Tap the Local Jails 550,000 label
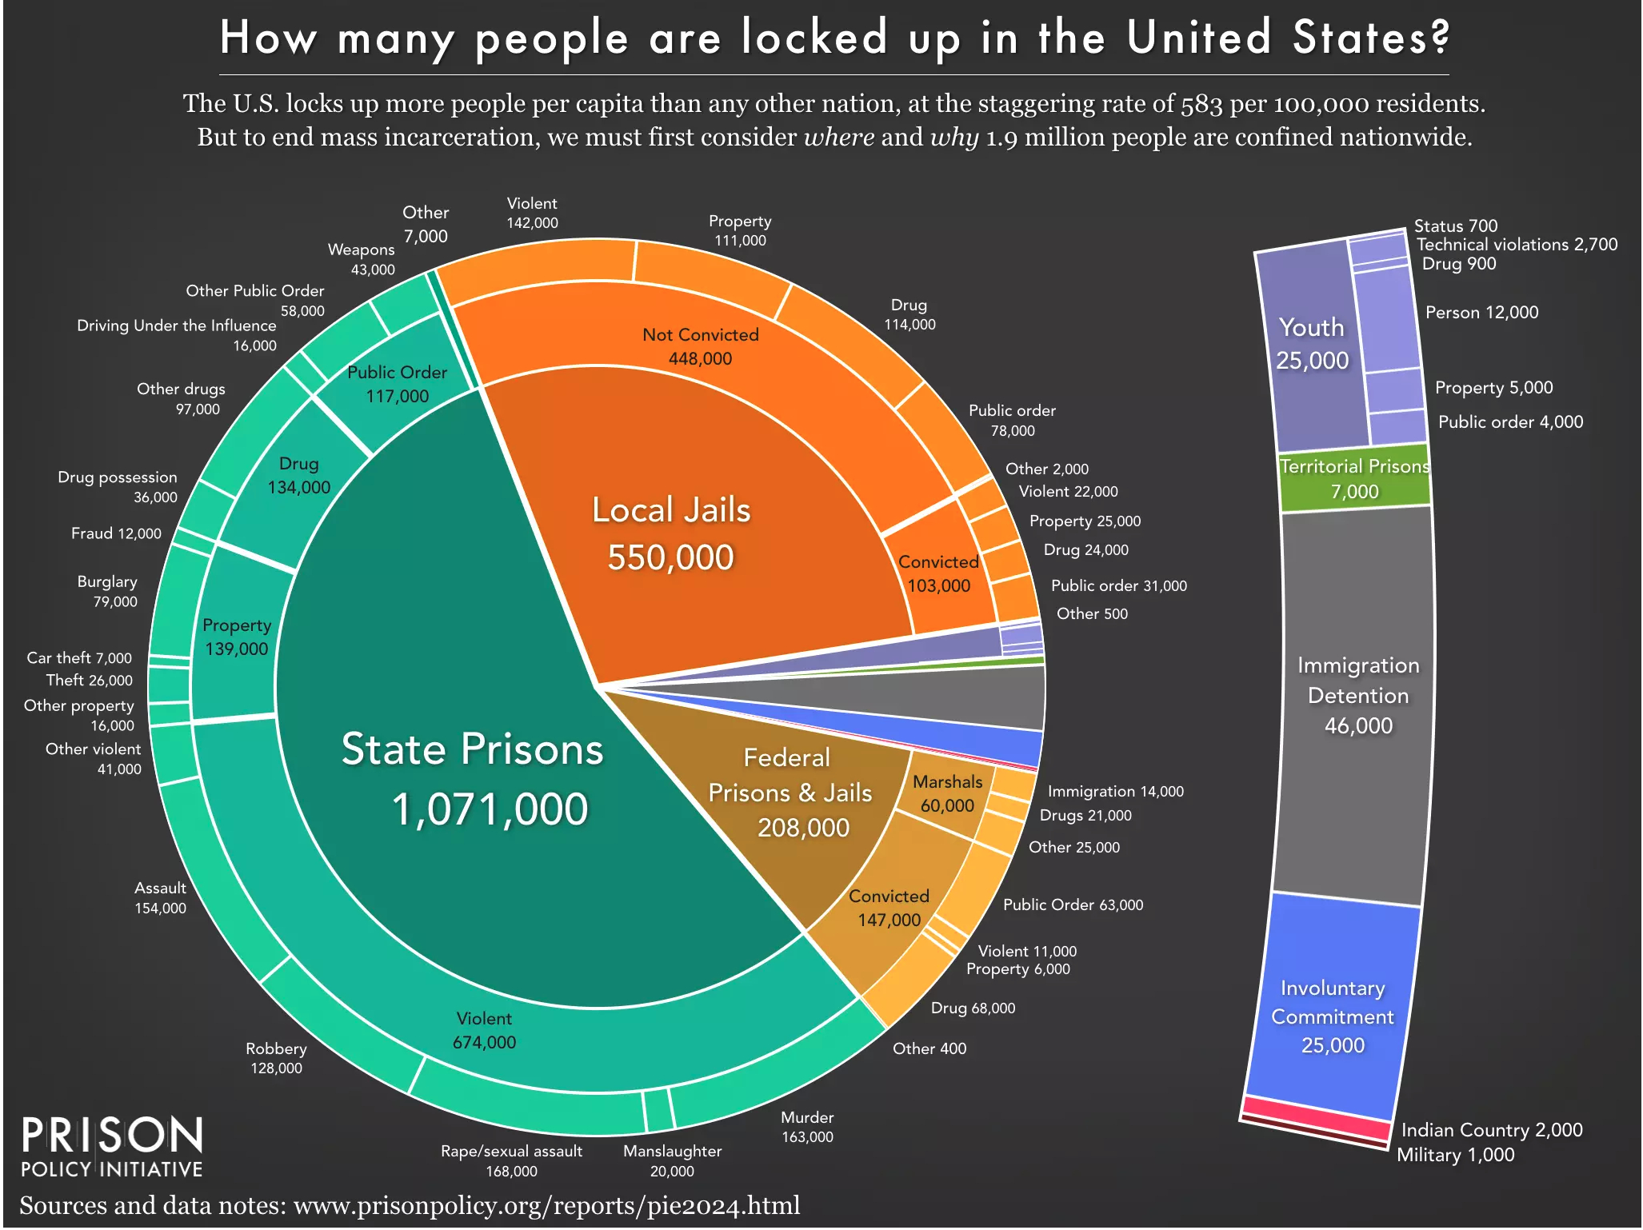point(671,533)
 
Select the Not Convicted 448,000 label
point(700,346)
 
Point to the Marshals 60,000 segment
point(947,793)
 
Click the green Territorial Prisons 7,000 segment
point(1354,479)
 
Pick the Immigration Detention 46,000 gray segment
point(1357,695)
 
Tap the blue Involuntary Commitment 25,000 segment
point(1333,1016)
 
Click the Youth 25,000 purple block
point(1312,344)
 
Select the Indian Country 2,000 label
point(1491,1129)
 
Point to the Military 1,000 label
point(1455,1155)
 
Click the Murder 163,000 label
point(807,1127)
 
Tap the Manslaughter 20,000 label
point(672,1160)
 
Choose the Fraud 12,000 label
point(116,533)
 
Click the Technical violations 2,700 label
point(1517,245)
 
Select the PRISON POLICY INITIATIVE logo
point(112,1147)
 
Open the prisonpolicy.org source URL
point(546,1205)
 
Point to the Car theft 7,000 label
point(79,658)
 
